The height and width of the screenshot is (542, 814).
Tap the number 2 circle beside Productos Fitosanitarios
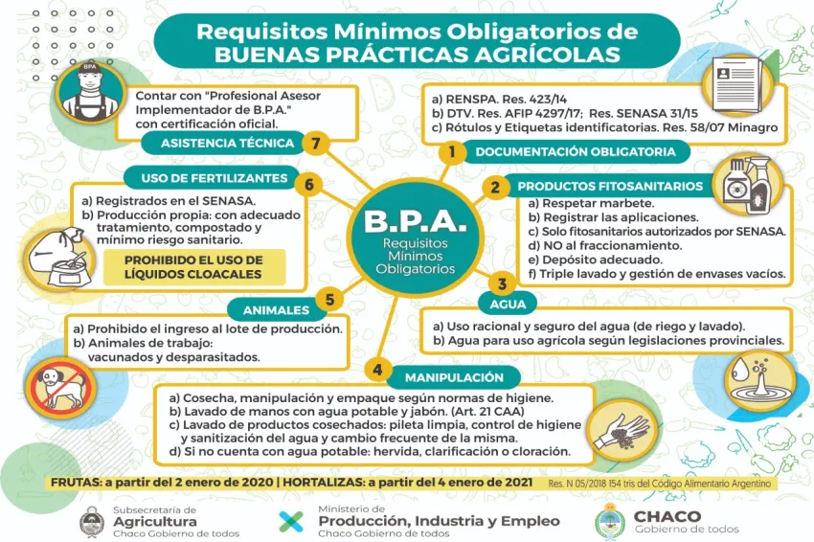click(495, 187)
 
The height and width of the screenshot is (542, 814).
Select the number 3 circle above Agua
click(501, 283)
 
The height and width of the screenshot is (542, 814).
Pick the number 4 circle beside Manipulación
click(378, 370)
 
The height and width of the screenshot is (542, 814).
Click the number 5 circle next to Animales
click(329, 300)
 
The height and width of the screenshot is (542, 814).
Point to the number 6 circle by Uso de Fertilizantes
click(308, 184)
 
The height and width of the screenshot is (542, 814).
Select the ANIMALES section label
click(277, 310)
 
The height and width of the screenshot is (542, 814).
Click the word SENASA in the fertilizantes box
click(232, 201)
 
